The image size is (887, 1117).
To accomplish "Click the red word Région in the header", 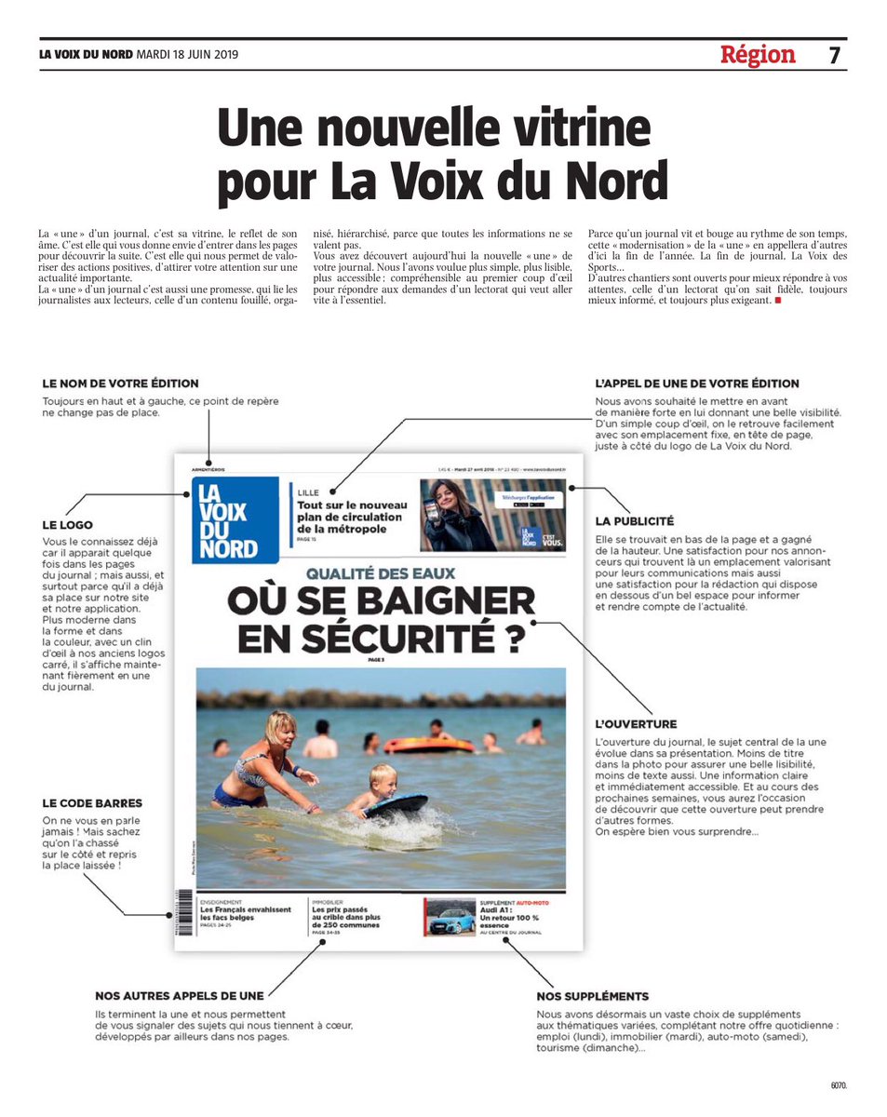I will point(758,55).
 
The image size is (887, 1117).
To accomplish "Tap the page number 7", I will point(834,55).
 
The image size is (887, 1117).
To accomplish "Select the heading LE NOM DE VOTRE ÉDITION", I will point(121,384).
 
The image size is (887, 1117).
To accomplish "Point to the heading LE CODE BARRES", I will point(93,802).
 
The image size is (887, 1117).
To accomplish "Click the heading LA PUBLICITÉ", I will point(635,521).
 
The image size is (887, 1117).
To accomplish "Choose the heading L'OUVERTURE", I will point(637,724).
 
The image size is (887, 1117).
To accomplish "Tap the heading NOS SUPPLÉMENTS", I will point(593,996).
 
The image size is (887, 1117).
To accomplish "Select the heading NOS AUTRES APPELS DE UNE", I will point(180,996).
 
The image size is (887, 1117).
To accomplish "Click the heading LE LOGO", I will point(68,525).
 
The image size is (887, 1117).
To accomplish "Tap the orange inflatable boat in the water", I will point(428,745).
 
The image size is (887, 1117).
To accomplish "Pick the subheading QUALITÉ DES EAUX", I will point(381,575).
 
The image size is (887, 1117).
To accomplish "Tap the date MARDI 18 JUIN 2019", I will point(187,55).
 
